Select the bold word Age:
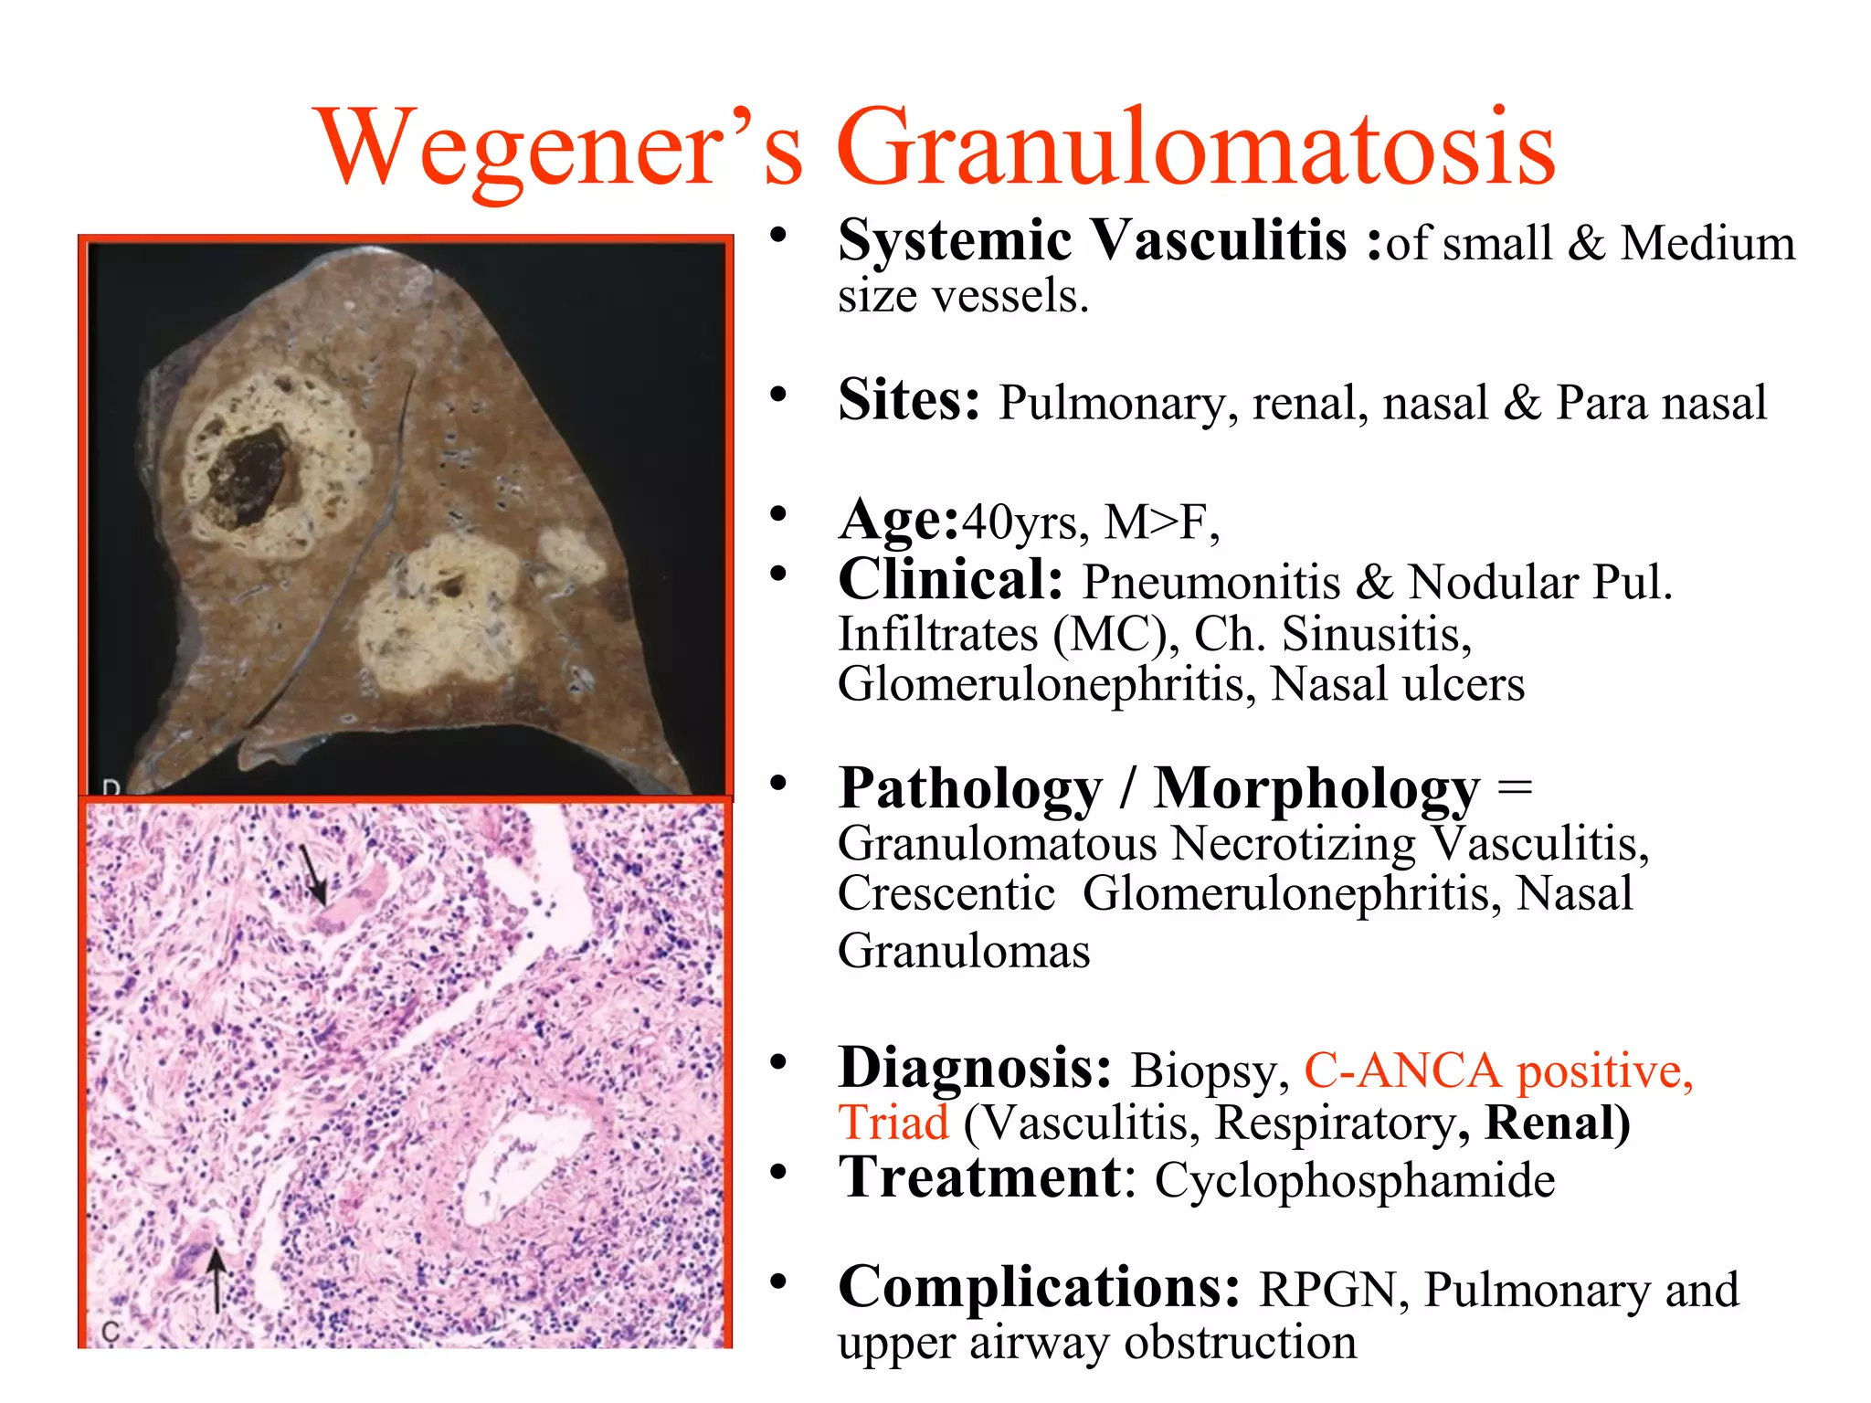point(899,521)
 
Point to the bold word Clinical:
point(950,580)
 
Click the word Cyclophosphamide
point(1354,1180)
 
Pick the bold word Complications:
point(1039,1288)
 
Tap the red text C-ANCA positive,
point(1498,1071)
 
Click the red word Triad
point(893,1123)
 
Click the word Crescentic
point(946,893)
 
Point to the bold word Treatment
point(979,1178)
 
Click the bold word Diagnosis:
point(975,1069)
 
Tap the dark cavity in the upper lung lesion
point(248,475)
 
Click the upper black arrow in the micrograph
point(313,873)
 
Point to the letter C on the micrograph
point(111,1332)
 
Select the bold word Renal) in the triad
point(1557,1123)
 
